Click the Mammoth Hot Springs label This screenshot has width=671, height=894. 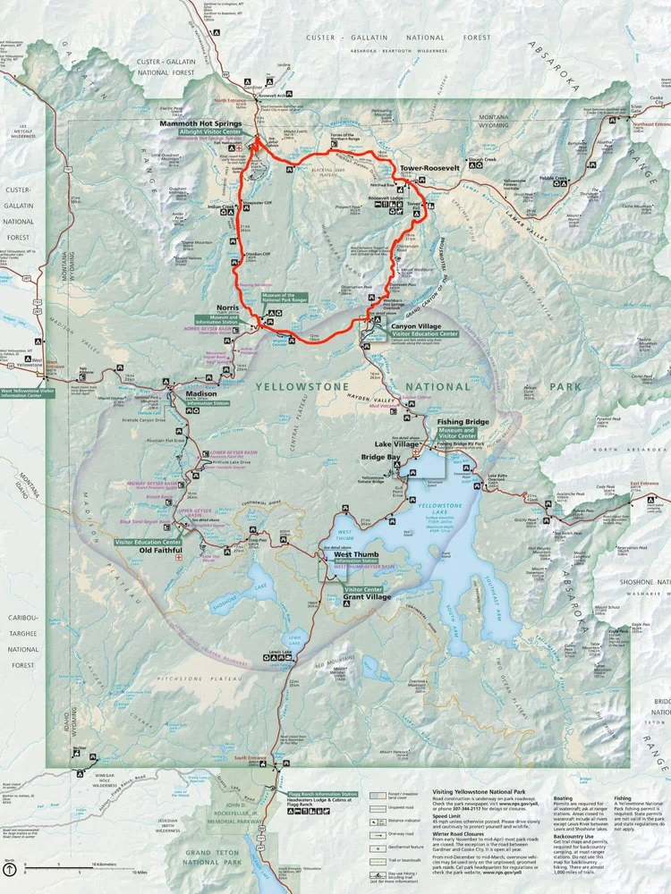click(200, 123)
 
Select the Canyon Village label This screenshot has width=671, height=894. click(415, 325)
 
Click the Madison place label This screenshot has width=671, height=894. click(201, 394)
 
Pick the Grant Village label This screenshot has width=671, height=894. click(368, 597)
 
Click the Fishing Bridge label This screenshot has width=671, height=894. click(462, 421)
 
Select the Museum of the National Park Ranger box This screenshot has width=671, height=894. click(285, 297)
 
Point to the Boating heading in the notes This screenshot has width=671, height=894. click(563, 799)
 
